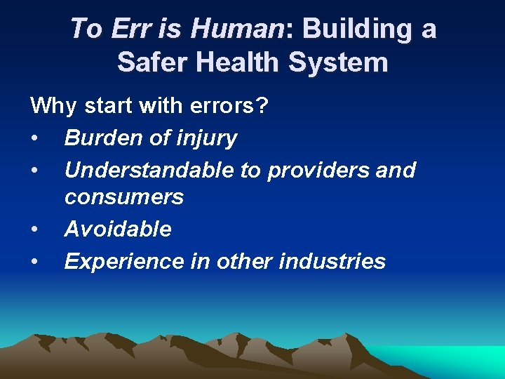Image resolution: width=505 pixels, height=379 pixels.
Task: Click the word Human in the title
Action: point(237,29)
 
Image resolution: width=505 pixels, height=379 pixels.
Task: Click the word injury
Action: point(205,139)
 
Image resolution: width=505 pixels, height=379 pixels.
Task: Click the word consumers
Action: point(124,197)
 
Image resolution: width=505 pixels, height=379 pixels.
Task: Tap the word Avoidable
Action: point(118,229)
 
